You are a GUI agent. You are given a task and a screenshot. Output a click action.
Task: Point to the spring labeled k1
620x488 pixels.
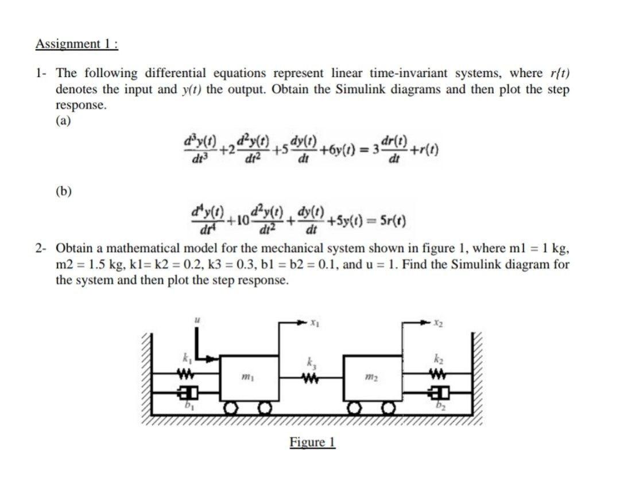click(x=185, y=377)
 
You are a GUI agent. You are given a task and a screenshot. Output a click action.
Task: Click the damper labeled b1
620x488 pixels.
click(x=185, y=395)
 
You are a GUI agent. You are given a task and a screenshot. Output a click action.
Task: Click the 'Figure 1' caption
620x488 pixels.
click(x=312, y=442)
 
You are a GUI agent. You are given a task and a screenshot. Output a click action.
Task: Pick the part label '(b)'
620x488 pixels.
click(x=64, y=191)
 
